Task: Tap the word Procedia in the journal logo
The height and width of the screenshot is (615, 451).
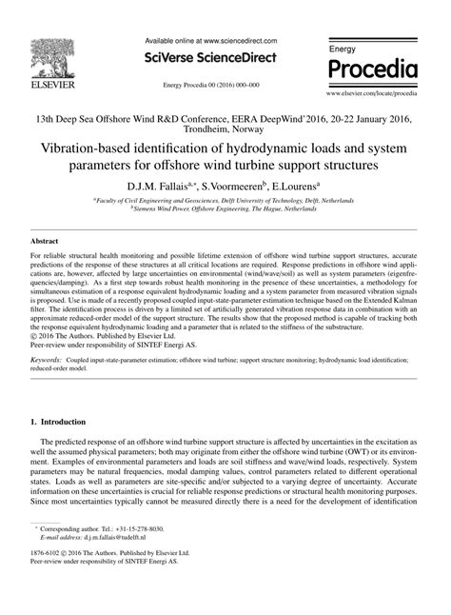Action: pos(371,69)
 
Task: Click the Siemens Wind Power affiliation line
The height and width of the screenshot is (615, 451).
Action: pos(225,209)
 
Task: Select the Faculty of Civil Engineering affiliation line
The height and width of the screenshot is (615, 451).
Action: pos(225,201)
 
